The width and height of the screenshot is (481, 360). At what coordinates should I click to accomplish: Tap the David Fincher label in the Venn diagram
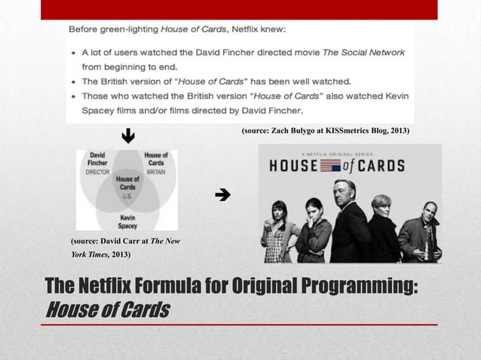(x=97, y=160)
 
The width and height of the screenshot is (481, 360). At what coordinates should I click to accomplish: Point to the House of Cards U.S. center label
(x=127, y=185)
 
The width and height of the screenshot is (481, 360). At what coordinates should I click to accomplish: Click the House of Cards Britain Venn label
(x=155, y=160)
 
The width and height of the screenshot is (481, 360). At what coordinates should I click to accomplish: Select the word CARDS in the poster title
(x=380, y=166)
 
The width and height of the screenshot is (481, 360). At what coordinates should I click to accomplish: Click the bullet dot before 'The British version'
(x=72, y=81)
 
